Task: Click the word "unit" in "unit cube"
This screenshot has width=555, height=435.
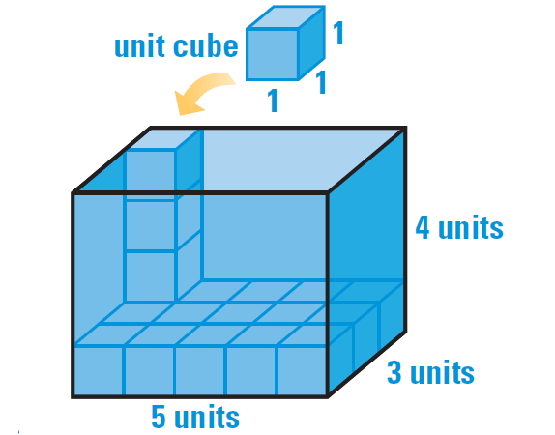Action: coord(139,46)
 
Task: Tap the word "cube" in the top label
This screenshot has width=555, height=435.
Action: coord(206,46)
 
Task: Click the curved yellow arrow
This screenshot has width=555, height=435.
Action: coord(201,93)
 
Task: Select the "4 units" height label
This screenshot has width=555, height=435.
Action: coord(459,227)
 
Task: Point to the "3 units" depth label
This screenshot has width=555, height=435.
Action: coord(430,372)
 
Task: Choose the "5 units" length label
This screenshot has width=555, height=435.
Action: coord(195,417)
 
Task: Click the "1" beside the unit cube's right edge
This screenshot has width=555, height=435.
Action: coord(338,33)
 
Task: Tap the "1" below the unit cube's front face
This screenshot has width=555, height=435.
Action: coord(273,101)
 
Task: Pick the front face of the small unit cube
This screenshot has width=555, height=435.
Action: coord(273,54)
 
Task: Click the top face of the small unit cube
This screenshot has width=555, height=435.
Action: coord(286,17)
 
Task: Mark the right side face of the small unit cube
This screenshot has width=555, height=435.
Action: coord(312,43)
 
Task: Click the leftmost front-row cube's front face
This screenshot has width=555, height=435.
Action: coord(99,370)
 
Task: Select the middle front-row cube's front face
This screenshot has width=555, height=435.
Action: coord(200,370)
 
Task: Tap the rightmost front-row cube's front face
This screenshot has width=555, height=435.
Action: coord(302,370)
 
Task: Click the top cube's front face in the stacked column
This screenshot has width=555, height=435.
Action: coord(151,175)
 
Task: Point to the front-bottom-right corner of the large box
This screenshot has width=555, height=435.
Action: coord(328,396)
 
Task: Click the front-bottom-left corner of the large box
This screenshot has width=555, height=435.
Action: coord(73,396)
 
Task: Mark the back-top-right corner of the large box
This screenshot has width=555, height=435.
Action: coord(405,128)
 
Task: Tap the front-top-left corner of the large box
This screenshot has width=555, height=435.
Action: coord(73,193)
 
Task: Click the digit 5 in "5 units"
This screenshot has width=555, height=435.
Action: coord(159,417)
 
